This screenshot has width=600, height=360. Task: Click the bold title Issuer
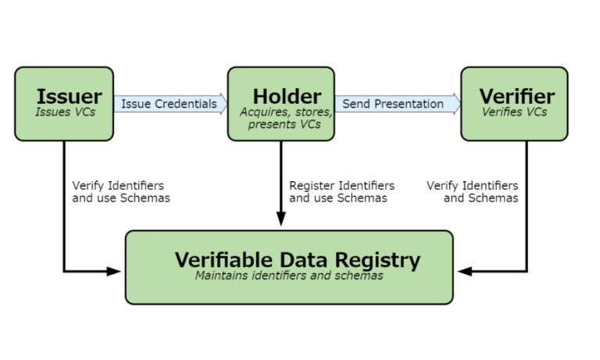[70, 96]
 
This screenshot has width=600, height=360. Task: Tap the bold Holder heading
[287, 96]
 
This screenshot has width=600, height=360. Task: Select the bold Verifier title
[517, 96]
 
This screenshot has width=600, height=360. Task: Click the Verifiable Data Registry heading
[298, 260]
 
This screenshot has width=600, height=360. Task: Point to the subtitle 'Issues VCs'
[66, 112]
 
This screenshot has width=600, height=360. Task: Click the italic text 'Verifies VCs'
[514, 112]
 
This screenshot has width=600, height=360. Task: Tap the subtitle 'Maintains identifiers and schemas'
[289, 276]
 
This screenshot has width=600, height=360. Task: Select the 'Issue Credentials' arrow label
[169, 104]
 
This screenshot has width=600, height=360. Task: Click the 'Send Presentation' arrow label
[393, 104]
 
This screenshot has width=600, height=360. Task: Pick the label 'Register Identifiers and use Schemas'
[341, 191]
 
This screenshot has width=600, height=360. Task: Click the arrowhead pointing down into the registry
[281, 219]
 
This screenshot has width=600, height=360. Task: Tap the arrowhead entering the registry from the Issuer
[113, 271]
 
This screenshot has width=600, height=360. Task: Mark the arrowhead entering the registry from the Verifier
[465, 271]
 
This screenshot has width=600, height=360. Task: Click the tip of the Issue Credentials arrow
[227, 104]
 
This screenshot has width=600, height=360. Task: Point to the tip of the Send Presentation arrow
[461, 104]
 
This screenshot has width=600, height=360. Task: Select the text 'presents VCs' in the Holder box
[284, 124]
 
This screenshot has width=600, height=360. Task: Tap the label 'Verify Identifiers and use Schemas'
[121, 191]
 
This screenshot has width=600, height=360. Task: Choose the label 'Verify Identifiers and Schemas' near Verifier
[472, 191]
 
